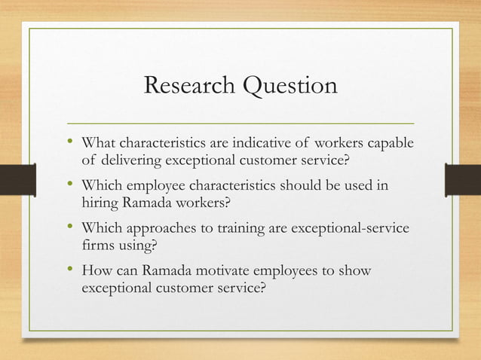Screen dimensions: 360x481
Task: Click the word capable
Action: coord(391,143)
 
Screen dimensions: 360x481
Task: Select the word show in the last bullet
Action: coord(357,270)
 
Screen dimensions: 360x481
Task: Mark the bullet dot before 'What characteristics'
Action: coord(70,142)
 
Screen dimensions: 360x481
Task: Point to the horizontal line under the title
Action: coord(240,122)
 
